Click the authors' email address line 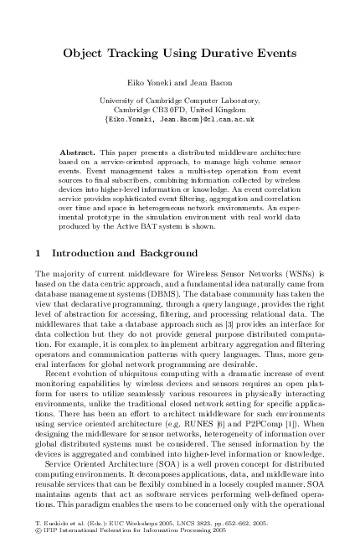pos(179,119)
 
